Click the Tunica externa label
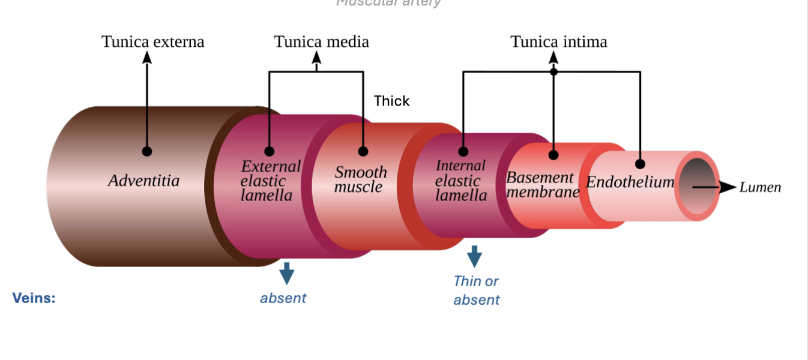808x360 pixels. pos(152,41)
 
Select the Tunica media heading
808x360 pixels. pos(321,41)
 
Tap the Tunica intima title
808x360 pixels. pos(558,41)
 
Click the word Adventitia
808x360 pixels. pos(143,180)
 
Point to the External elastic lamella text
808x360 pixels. pos(270,181)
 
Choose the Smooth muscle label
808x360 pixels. pos(360,179)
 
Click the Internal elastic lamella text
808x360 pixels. pos(460,181)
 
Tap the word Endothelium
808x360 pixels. pos(630,182)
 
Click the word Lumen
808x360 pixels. pos(760,187)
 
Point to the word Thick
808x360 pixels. pos(391,101)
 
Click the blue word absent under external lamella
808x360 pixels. pos(283,298)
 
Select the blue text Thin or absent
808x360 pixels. pos(476,290)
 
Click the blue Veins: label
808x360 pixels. pos(34,298)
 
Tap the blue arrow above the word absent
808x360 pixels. pos(287,272)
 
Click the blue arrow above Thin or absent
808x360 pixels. pos(474,256)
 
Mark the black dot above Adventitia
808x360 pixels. pos(147,151)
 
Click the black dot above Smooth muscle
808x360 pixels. pos(363,151)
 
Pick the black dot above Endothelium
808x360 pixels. pos(640,164)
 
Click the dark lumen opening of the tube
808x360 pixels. pos(698,186)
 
